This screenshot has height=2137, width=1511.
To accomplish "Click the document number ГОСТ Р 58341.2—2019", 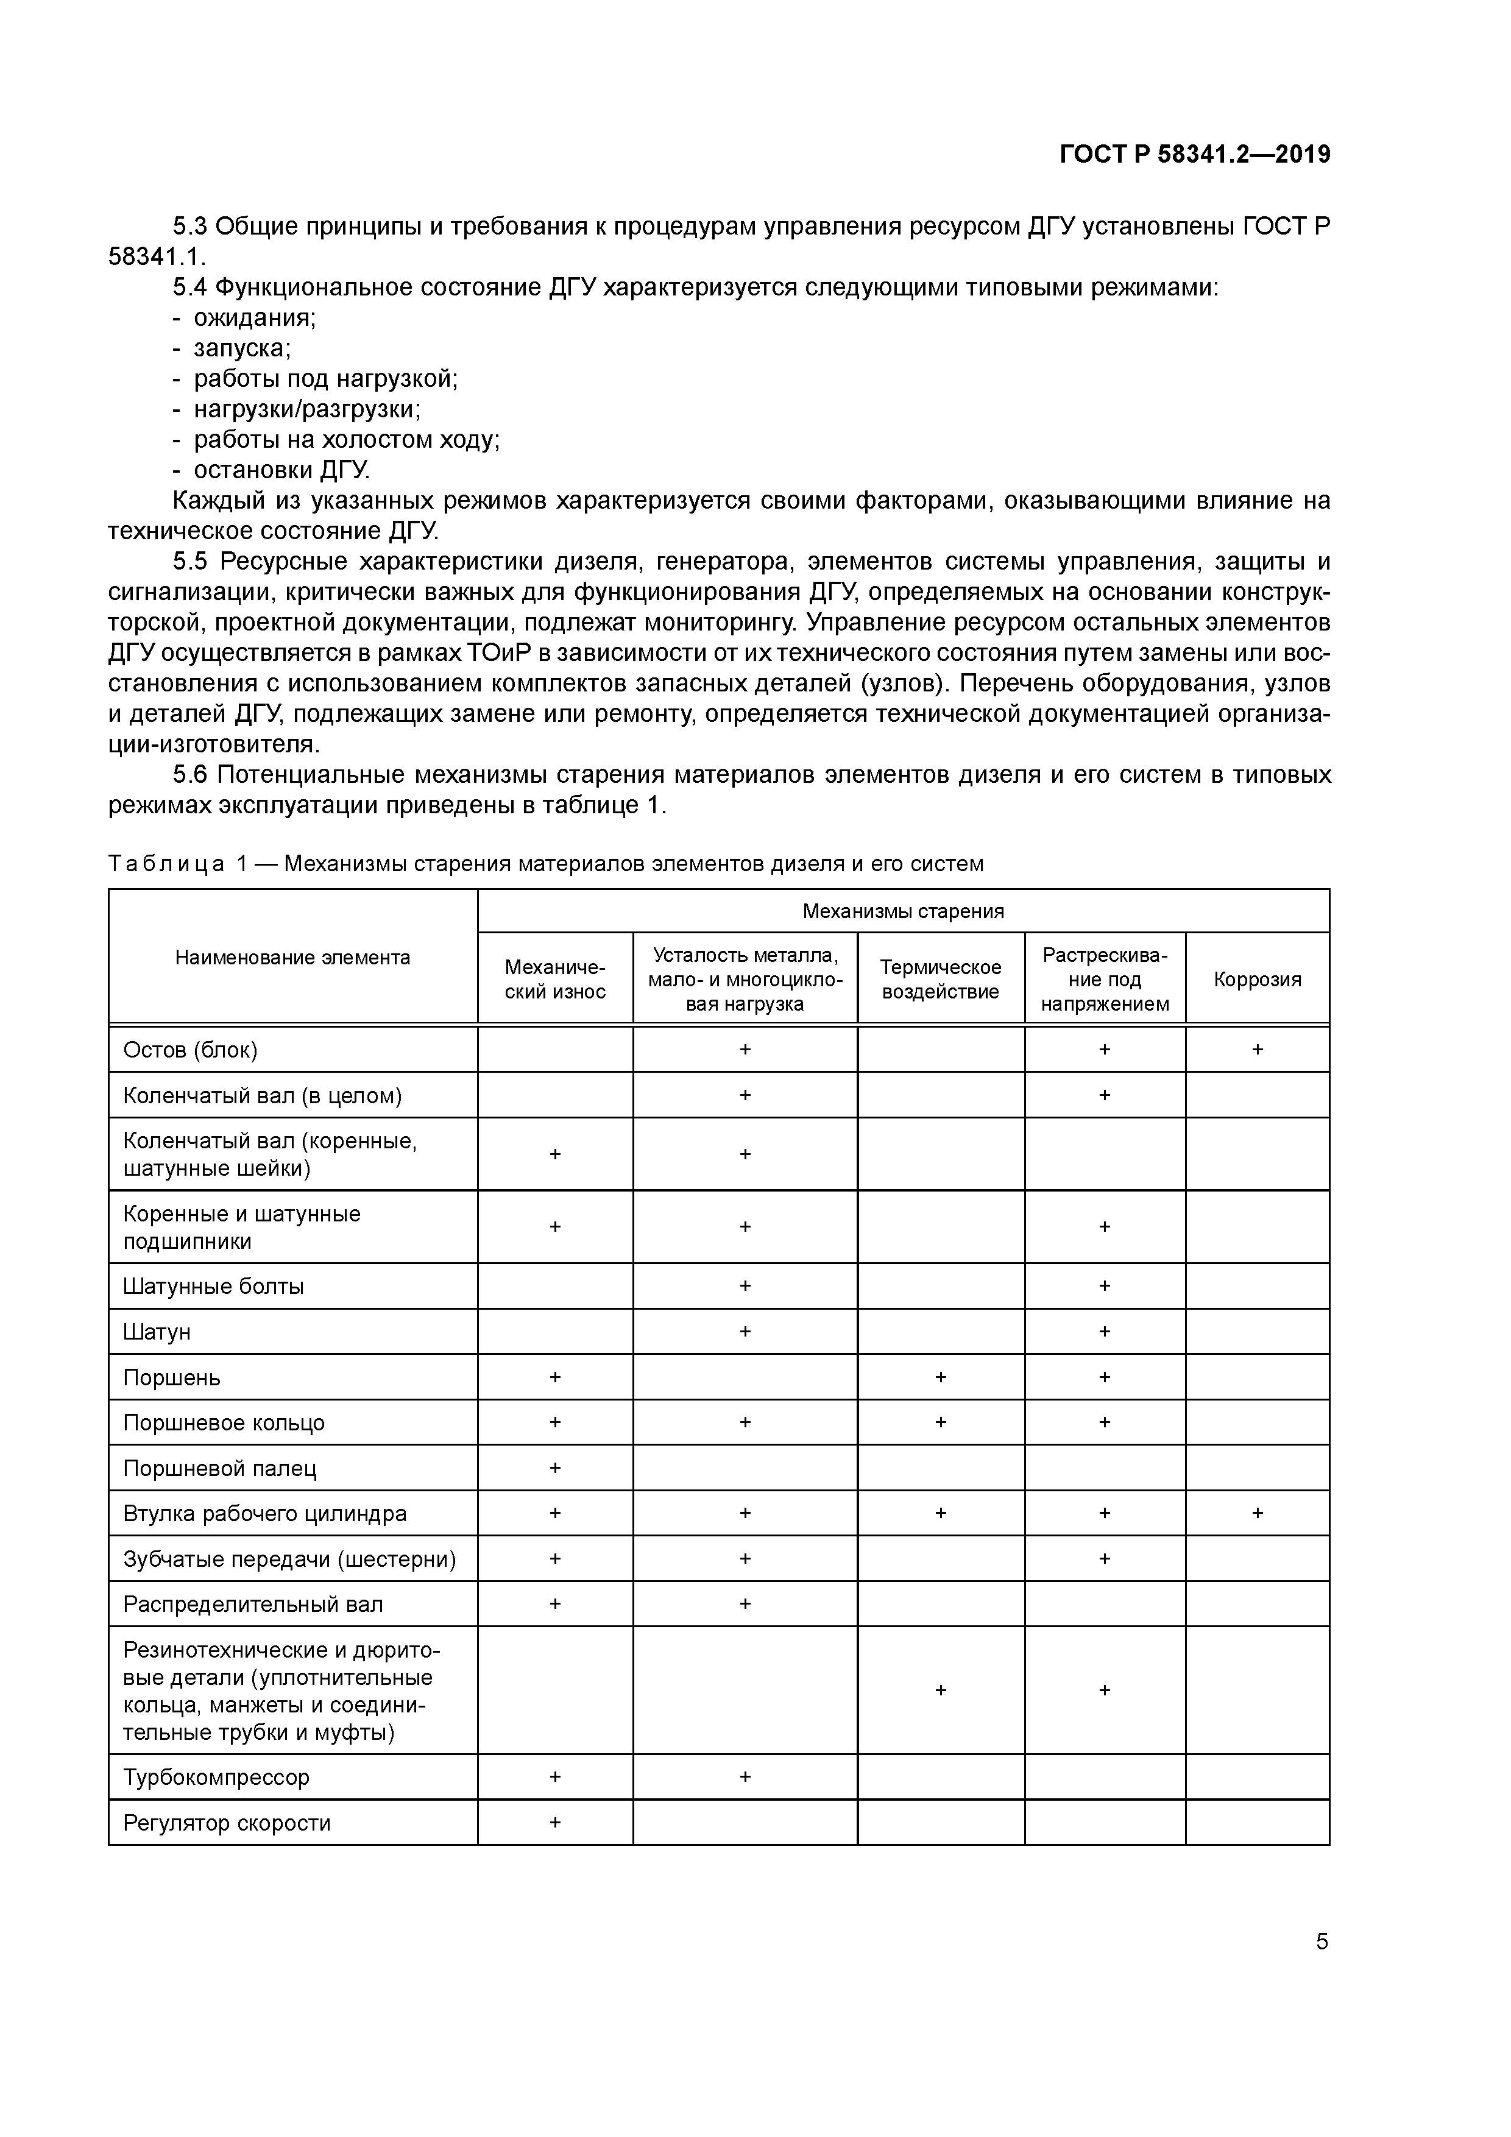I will point(1194,155).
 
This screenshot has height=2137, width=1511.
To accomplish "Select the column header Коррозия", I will point(1257,979).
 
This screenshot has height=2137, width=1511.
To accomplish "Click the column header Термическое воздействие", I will point(940,979).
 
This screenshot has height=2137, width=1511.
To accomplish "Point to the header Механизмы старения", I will point(903,911).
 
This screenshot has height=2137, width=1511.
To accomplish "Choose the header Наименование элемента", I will point(292,958).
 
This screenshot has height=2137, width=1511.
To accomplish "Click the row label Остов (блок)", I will point(190,1050).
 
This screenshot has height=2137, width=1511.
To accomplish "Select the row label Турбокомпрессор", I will point(216,1777).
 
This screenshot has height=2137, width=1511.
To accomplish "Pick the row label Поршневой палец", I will point(220,1469).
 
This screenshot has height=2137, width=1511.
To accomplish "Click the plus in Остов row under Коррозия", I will point(1257,1050).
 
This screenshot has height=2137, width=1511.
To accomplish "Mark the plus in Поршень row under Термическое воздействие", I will point(940,1377).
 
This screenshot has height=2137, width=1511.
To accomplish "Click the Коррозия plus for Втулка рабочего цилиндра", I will point(1257,1513).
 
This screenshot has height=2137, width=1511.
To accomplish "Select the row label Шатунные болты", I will point(213,1287).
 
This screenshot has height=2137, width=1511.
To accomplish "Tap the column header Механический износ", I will point(555,979).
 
